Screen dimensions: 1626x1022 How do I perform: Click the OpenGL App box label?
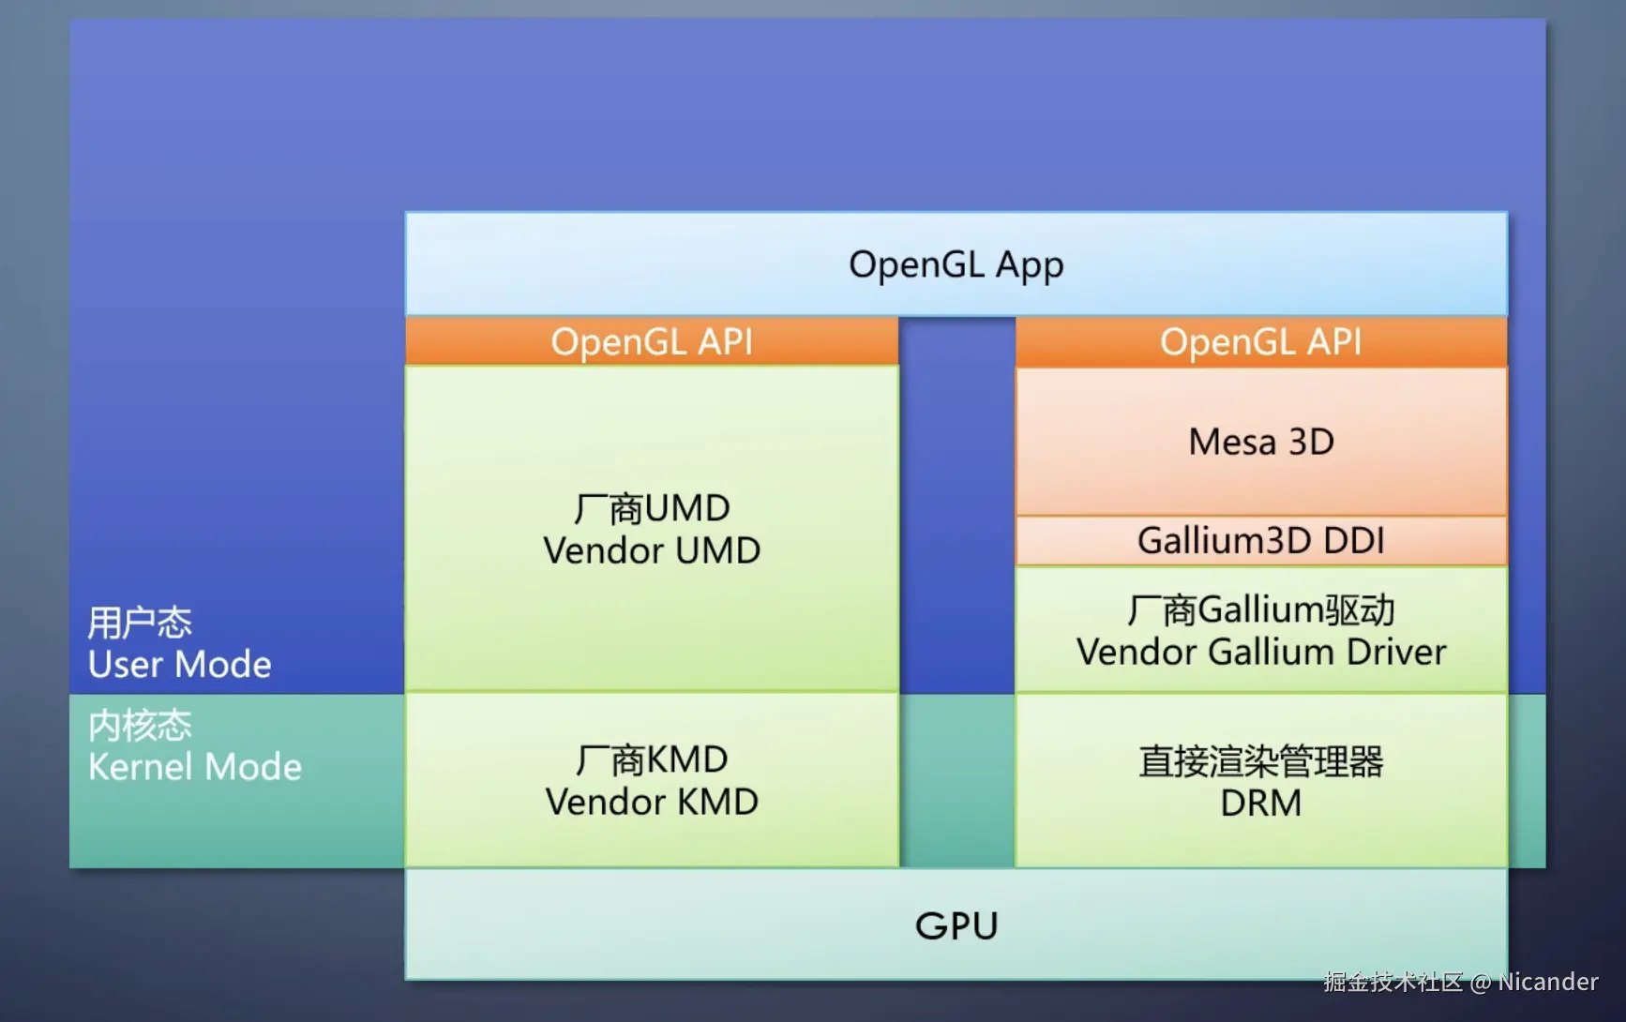(956, 265)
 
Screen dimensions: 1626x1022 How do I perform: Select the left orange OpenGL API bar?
(652, 341)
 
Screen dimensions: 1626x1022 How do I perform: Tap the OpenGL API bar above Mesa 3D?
(1261, 342)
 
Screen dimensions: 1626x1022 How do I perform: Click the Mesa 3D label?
(1261, 442)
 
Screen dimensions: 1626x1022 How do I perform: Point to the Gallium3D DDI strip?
(1261, 541)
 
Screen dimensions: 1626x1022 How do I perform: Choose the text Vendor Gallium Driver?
(1261, 652)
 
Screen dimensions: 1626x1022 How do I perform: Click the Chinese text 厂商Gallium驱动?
(1261, 610)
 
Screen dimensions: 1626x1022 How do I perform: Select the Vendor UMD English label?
(652, 550)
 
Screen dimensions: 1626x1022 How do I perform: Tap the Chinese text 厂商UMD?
(652, 509)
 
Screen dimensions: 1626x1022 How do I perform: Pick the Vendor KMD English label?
(652, 802)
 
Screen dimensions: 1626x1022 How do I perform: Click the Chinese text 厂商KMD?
(652, 760)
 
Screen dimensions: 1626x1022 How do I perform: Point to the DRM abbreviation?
(1261, 804)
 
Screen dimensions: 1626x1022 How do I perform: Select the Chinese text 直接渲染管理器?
(1261, 761)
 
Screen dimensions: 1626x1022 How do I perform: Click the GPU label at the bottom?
(956, 926)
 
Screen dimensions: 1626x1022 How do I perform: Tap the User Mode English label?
(180, 665)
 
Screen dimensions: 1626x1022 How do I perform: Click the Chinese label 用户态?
(140, 623)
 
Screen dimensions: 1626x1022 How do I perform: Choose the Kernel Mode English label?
(195, 767)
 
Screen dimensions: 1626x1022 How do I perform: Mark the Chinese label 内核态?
(140, 726)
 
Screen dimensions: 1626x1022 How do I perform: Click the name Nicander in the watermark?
(1548, 982)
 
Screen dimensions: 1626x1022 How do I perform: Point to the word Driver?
(1396, 652)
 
